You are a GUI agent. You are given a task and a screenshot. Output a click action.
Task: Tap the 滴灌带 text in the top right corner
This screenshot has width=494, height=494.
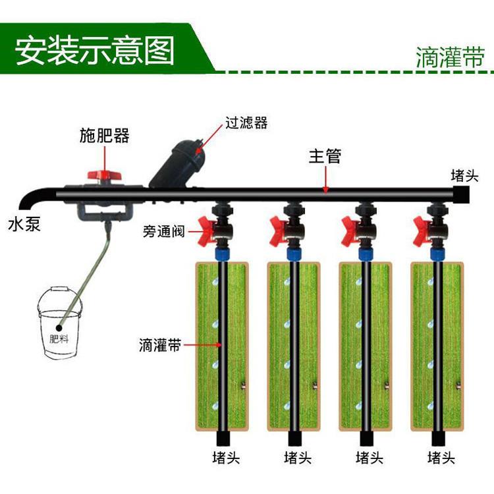pyautogui.click(x=450, y=57)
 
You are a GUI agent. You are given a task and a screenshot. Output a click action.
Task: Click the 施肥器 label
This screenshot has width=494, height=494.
pyautogui.click(x=104, y=136)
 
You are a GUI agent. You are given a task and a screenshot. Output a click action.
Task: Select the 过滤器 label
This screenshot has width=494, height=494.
pyautogui.click(x=246, y=123)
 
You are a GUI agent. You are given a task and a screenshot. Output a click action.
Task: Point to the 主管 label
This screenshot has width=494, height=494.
pyautogui.click(x=325, y=157)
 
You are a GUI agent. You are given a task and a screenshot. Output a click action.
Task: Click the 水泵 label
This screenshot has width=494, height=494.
pyautogui.click(x=24, y=223)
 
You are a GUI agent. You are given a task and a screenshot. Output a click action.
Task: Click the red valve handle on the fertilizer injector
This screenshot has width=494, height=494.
pyautogui.click(x=105, y=175)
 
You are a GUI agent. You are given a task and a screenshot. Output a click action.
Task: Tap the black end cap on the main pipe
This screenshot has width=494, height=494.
pyautogui.click(x=460, y=194)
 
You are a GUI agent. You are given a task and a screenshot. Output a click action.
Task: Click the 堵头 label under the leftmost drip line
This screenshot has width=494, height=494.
pyautogui.click(x=225, y=457)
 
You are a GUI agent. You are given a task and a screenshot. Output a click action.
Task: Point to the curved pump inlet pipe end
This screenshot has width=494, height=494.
pyautogui.click(x=27, y=200)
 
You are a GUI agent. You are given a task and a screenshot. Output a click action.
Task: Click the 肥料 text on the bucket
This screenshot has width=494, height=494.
pyautogui.click(x=60, y=339)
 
